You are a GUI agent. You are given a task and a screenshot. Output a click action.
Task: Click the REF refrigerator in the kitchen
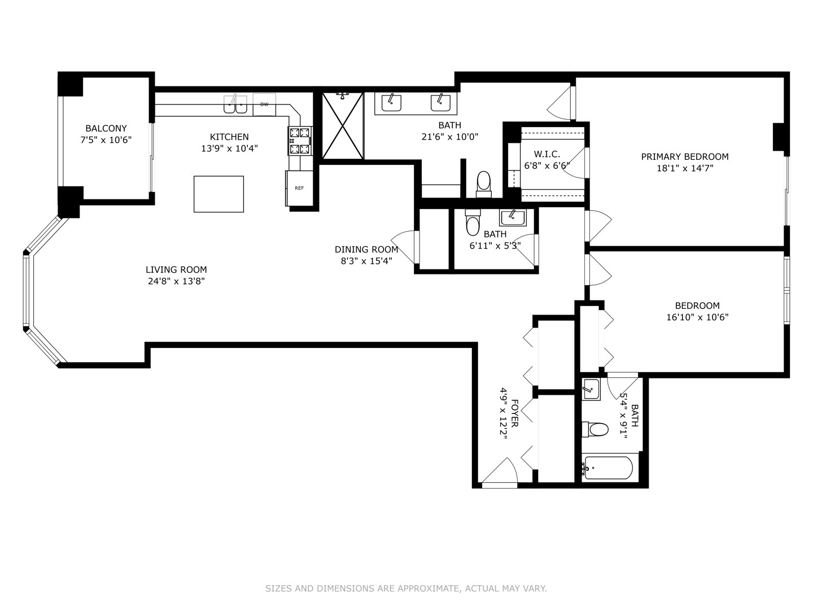click(299, 188)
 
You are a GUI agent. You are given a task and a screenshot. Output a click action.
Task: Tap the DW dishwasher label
click(264, 104)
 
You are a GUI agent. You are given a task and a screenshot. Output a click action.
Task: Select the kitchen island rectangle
click(218, 194)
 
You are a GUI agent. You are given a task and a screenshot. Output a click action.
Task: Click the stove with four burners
click(300, 141)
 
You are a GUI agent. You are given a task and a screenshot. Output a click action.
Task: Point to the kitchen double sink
click(235, 104)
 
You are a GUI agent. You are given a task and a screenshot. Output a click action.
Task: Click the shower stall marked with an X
click(343, 126)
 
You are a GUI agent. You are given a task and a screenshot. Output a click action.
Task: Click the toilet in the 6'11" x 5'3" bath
click(472, 224)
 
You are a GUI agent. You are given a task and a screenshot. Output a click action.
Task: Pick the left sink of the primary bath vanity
click(391, 103)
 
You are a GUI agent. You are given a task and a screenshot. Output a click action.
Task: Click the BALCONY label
click(106, 128)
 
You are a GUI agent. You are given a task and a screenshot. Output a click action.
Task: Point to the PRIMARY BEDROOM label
click(684, 156)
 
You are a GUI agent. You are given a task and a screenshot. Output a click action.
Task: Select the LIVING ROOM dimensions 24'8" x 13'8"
click(176, 281)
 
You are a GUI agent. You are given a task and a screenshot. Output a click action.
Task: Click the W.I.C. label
click(547, 154)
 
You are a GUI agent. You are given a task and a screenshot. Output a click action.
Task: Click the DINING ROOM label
click(366, 249)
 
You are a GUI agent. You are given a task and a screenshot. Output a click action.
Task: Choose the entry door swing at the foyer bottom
click(499, 473)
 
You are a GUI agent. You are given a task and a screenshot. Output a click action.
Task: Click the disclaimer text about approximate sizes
click(406, 589)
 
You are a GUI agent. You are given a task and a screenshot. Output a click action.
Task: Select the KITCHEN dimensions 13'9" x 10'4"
click(229, 149)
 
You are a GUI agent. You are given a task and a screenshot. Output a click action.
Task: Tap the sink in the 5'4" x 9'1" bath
click(591, 389)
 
